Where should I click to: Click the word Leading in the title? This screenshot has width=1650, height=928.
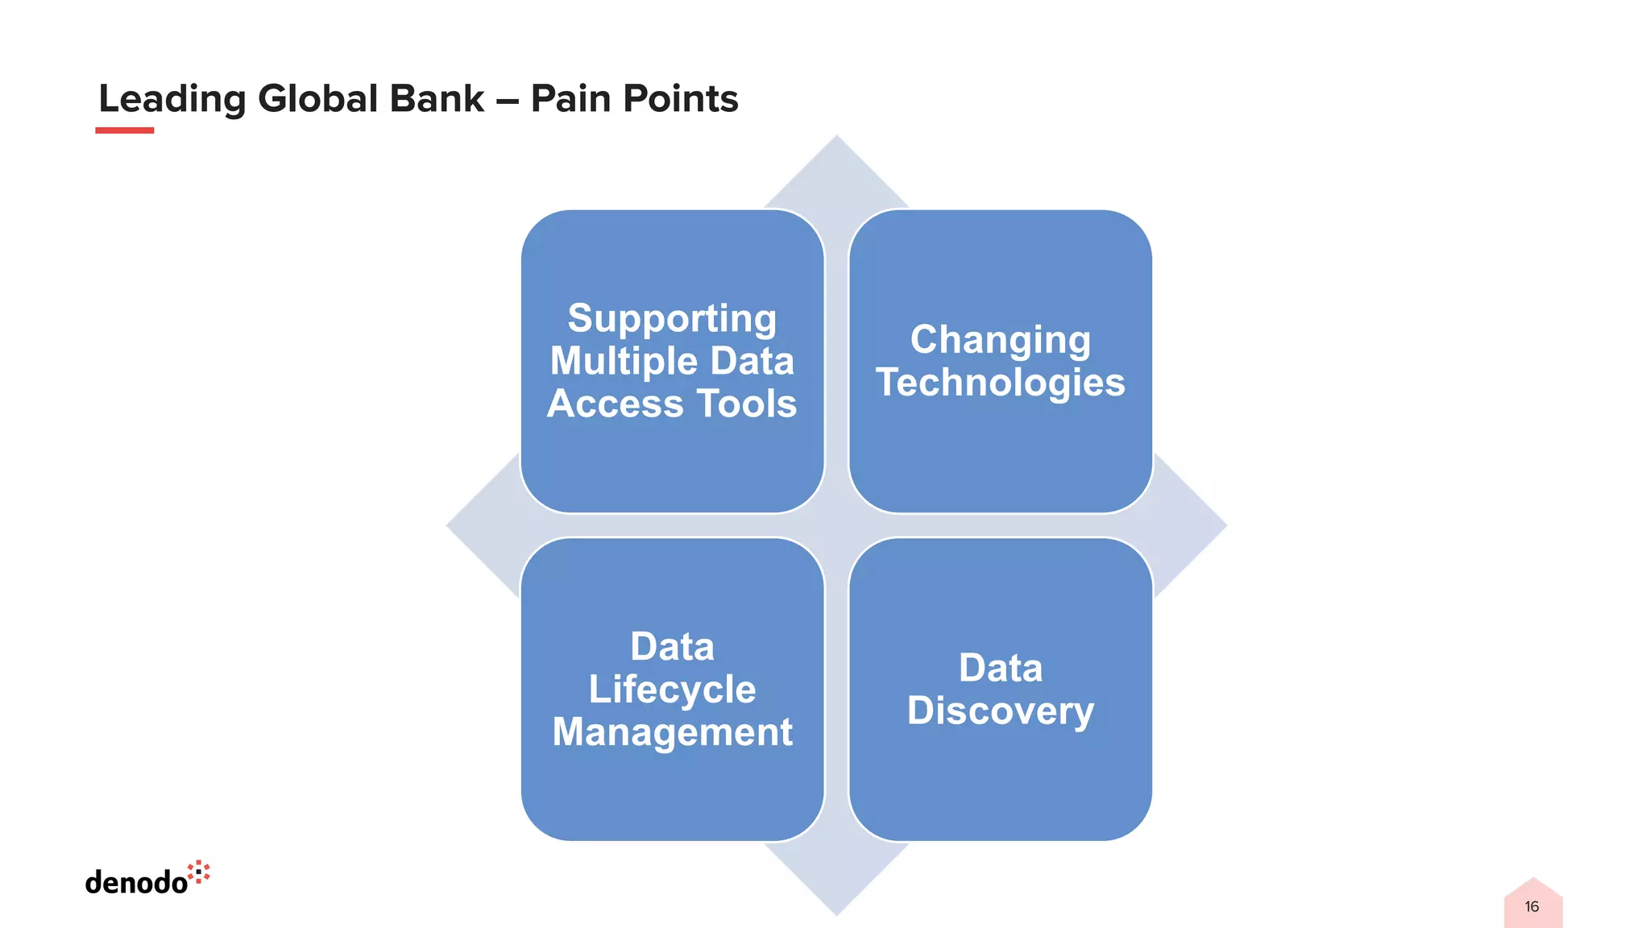[172, 99]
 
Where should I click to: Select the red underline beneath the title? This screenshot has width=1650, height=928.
[124, 130]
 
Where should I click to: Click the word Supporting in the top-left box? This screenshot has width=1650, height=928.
[672, 318]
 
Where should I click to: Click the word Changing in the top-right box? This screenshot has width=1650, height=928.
[1000, 340]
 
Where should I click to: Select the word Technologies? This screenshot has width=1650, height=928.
[1000, 383]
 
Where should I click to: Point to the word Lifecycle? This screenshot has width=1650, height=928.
[672, 690]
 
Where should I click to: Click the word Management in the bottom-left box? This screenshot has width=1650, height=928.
[672, 732]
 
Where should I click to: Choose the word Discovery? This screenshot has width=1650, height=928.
[1000, 711]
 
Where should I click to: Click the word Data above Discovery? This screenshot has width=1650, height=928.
[1000, 669]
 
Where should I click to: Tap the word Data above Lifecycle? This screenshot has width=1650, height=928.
[672, 647]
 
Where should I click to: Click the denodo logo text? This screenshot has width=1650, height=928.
[136, 882]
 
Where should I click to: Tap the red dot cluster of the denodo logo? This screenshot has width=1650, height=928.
[199, 872]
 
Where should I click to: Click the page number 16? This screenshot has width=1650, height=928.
[1532, 907]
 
